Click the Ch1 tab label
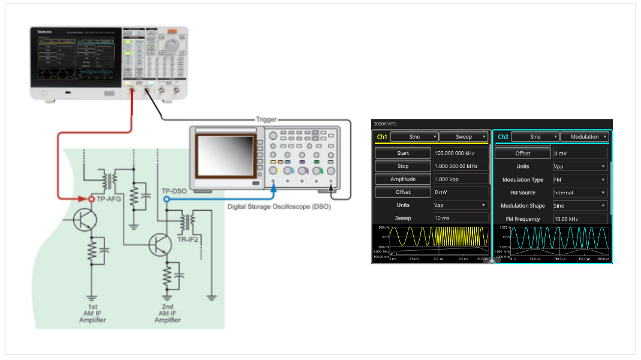point(381,137)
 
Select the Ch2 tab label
point(502,137)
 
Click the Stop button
point(403,166)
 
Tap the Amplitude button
point(403,179)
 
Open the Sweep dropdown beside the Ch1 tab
point(465,137)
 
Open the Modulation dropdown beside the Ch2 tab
point(585,137)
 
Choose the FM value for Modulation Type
point(579,179)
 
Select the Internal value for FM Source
point(579,193)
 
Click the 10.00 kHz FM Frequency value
point(579,219)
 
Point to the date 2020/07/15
point(384,123)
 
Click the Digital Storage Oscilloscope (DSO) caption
point(279,206)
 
